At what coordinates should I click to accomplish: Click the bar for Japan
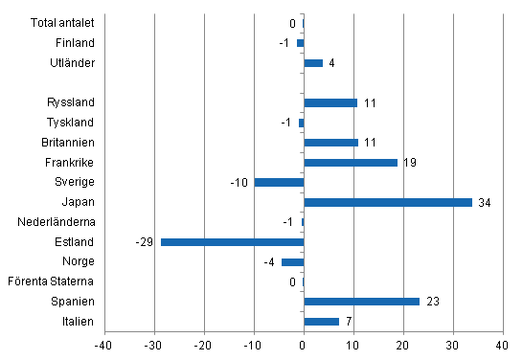[x=388, y=202]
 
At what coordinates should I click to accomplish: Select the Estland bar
[x=232, y=242]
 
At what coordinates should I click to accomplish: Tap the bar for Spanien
[x=361, y=302]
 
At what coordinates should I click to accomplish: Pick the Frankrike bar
[x=351, y=163]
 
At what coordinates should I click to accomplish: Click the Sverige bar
[x=279, y=182]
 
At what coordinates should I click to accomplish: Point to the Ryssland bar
[x=330, y=102]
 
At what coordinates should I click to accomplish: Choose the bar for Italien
[x=321, y=322]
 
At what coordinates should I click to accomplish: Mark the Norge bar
[x=292, y=261]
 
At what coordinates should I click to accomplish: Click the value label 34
[x=485, y=202]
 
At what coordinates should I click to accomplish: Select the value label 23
[x=432, y=302]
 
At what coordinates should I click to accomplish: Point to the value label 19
[x=410, y=163]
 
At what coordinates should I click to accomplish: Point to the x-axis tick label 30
[x=452, y=345]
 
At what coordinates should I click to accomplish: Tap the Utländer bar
[x=313, y=63]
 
